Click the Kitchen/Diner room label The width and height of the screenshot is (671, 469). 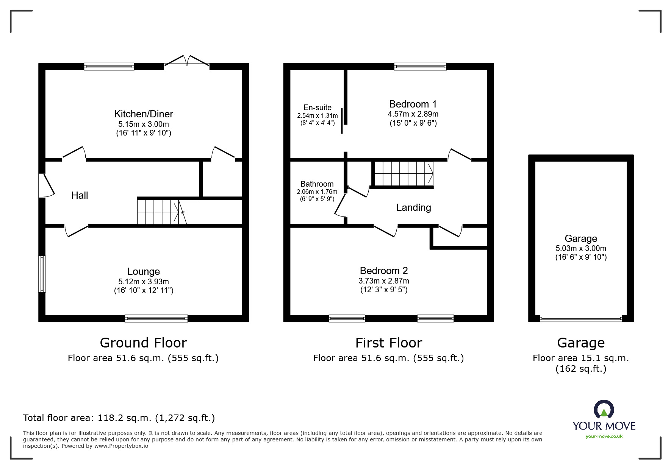tap(143, 114)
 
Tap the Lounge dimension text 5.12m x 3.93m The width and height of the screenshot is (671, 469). tap(143, 282)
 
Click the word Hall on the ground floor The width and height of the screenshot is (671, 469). tap(80, 195)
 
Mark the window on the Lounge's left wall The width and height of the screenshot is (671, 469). tap(42, 274)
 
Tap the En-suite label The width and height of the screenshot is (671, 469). tap(317, 108)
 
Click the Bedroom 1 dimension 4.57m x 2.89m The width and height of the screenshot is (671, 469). tap(413, 114)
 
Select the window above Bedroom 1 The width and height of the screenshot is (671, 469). tap(420, 67)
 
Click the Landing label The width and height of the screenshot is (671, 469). tap(413, 207)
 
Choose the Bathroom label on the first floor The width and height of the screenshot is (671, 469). tap(317, 184)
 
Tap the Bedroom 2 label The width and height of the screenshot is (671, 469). tap(383, 271)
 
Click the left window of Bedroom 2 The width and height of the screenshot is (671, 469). tap(347, 318)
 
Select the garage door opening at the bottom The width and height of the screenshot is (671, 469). tap(580, 319)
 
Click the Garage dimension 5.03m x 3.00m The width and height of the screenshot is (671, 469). tap(580, 249)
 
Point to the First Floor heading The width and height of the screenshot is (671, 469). tap(388, 343)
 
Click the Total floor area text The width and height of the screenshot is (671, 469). tap(119, 418)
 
